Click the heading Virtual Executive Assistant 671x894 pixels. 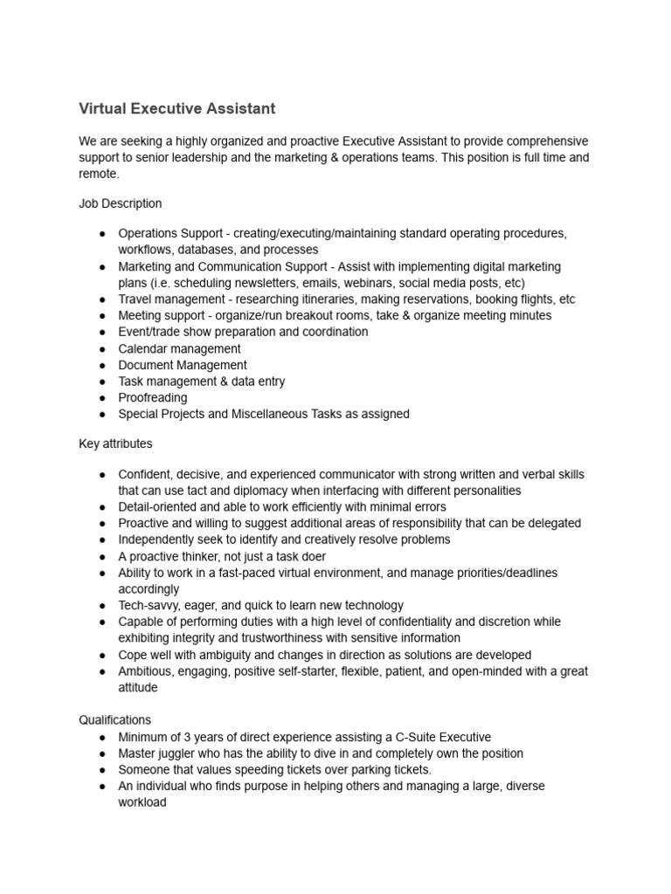click(x=176, y=109)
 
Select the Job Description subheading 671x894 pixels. click(x=120, y=203)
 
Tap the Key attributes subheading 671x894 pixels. click(x=115, y=444)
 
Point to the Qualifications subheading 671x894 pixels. click(x=114, y=720)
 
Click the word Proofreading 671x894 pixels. click(x=153, y=397)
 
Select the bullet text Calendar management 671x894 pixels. click(x=179, y=348)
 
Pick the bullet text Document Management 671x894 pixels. click(x=183, y=365)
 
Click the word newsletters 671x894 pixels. click(x=264, y=283)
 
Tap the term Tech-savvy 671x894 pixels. click(x=150, y=606)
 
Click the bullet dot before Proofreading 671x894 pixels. click(x=103, y=398)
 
